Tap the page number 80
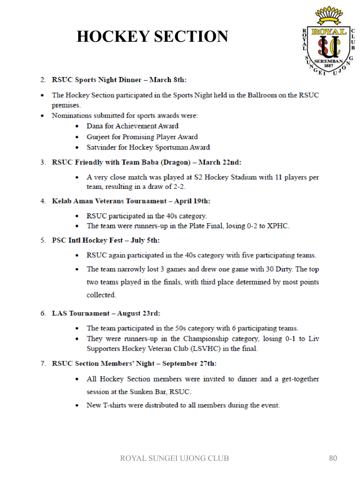click(333, 458)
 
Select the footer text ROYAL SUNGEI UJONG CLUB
click(174, 458)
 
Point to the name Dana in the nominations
click(95, 126)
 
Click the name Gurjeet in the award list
click(98, 137)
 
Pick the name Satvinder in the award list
click(101, 147)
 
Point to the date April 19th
click(192, 201)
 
